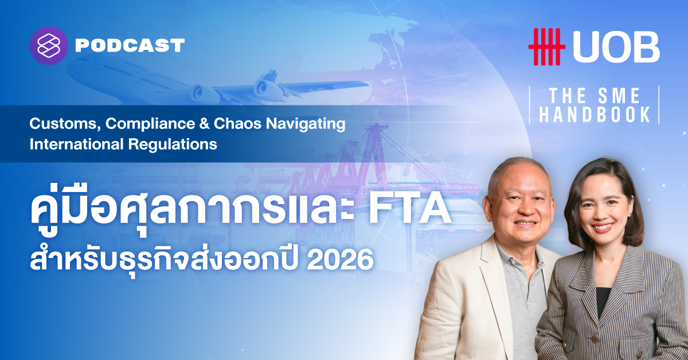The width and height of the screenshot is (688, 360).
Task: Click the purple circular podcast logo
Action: pos(49,46)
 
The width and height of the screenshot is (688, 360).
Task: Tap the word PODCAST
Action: pos(130,46)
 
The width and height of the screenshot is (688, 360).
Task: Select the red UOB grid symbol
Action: pos(547,46)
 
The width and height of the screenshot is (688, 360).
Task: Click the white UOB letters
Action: pos(616,47)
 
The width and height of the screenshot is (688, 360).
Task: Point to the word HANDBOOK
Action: pos(595,115)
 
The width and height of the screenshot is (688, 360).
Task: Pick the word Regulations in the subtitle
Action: pos(173,144)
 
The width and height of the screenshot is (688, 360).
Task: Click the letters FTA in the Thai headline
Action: pos(410,209)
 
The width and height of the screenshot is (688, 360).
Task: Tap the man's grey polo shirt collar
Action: pos(519,256)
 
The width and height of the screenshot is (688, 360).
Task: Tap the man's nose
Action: pos(526,209)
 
